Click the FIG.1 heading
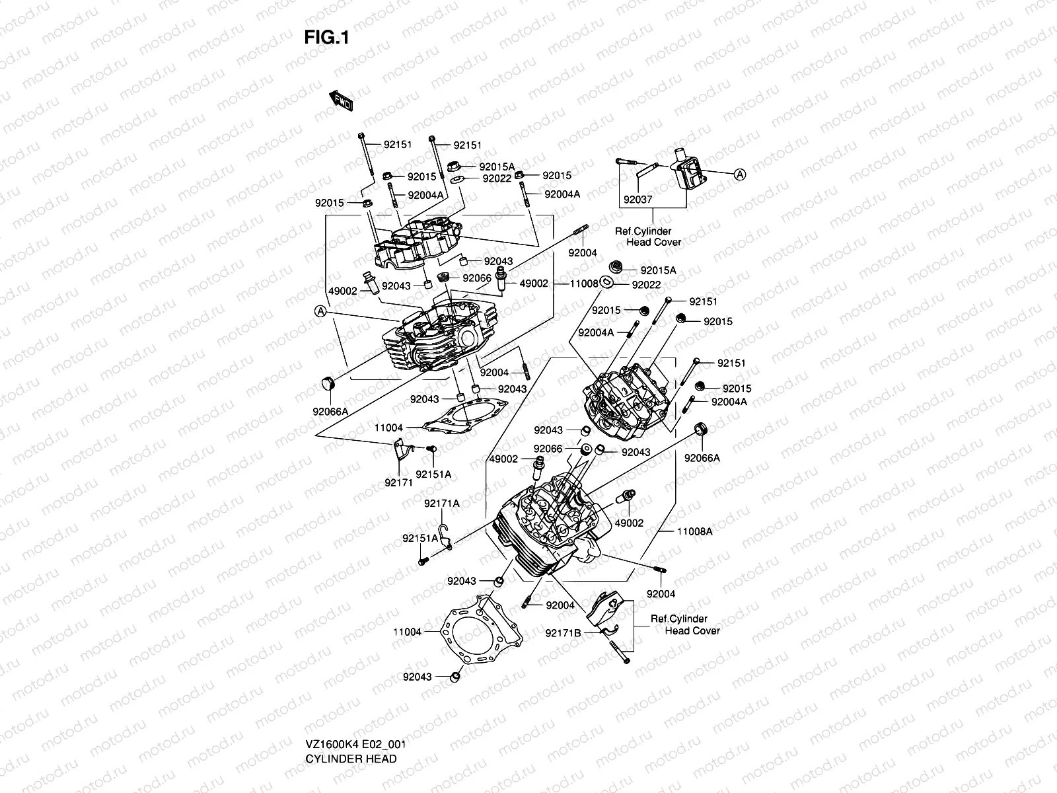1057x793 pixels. (326, 38)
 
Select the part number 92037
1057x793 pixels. (637, 198)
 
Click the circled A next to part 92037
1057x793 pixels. (740, 174)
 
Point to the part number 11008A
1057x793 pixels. (695, 531)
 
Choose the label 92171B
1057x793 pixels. (563, 633)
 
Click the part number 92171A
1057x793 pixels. (442, 504)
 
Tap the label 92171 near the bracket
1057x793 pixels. (398, 482)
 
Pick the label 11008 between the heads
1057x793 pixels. (584, 283)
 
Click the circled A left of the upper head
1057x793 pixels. (320, 311)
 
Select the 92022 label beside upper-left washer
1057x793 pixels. (497, 178)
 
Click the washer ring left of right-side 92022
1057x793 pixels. (608, 283)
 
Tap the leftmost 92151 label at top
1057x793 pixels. (398, 145)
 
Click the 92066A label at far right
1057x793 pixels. (702, 458)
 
